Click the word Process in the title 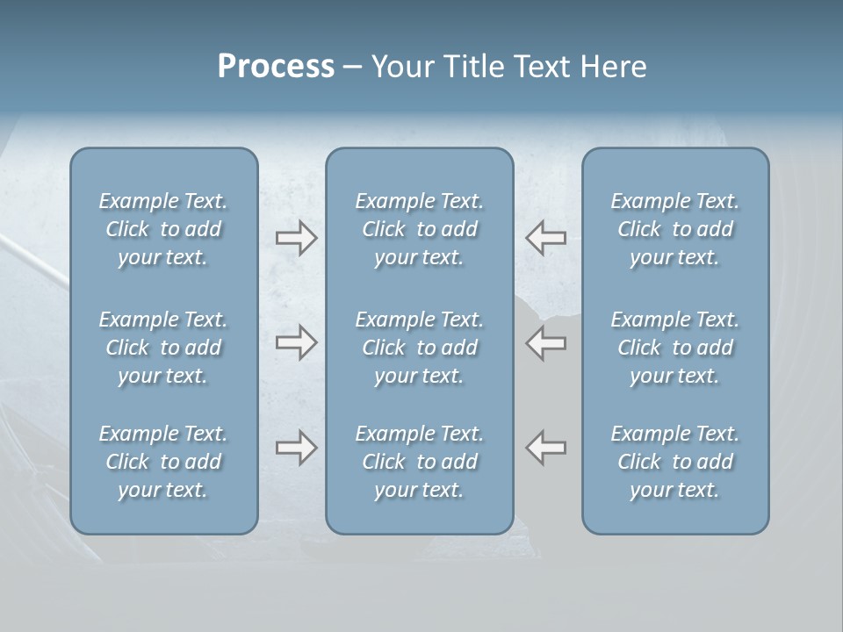(x=276, y=67)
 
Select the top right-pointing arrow (x=296, y=238)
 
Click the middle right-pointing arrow (x=296, y=342)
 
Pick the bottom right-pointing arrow (x=296, y=448)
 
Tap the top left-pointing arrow (x=546, y=238)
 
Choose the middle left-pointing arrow (x=546, y=342)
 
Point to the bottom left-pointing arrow (x=546, y=448)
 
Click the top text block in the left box (x=163, y=229)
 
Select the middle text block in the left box (x=163, y=348)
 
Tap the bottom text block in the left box (x=163, y=462)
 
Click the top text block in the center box (x=420, y=229)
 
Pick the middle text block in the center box (x=420, y=348)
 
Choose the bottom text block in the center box (x=420, y=462)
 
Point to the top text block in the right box (x=675, y=229)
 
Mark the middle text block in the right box (x=675, y=348)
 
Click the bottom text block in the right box (x=675, y=462)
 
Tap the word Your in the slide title (x=399, y=67)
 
